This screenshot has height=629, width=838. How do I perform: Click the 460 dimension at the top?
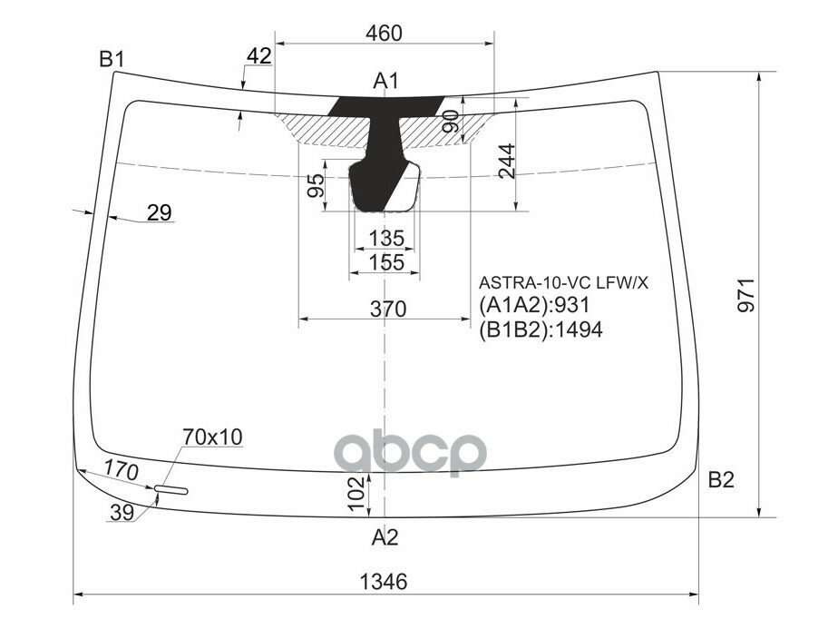384,34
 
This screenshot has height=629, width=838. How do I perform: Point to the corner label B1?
112,60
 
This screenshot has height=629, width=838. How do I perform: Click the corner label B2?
721,480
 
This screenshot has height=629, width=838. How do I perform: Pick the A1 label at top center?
386,82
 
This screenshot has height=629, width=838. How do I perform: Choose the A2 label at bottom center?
385,537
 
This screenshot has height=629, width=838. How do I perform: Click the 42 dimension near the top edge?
258,55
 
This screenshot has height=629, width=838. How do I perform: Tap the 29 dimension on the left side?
159,213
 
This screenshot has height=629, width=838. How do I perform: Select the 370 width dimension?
387,309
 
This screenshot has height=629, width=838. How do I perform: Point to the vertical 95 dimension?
316,187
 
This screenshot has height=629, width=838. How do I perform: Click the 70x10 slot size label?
212,437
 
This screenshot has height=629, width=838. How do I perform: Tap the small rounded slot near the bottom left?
171,491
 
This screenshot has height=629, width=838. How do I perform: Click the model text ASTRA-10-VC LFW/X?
564,283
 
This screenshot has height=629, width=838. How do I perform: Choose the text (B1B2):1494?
540,329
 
